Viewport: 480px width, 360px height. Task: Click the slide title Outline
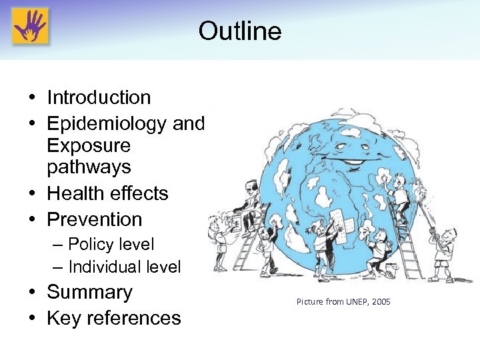(x=240, y=31)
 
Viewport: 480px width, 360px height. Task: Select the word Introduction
(x=99, y=97)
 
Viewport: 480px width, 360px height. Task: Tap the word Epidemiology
(x=107, y=123)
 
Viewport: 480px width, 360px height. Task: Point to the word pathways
(x=89, y=167)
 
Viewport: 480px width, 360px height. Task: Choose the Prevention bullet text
(x=94, y=219)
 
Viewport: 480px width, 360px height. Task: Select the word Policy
(x=92, y=245)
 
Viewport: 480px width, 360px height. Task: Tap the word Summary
(x=89, y=292)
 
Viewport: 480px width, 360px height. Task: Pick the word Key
(x=62, y=318)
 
